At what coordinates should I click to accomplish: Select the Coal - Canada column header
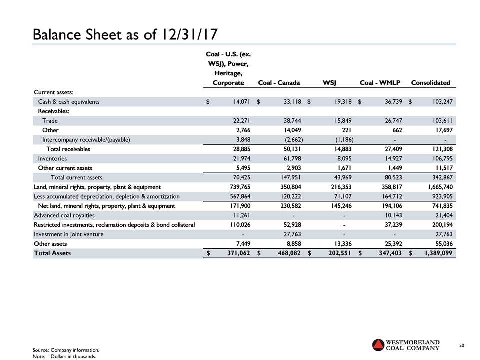(x=279, y=83)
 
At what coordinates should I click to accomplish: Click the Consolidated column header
(x=430, y=83)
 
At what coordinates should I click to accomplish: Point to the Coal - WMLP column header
(x=379, y=83)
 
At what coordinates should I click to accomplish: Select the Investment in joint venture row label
(x=68, y=234)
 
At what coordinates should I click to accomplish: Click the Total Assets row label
(x=52, y=253)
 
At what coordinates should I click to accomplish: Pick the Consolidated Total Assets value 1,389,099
(x=435, y=253)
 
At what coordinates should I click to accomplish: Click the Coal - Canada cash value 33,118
(x=286, y=102)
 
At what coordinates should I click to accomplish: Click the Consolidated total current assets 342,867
(x=439, y=177)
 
